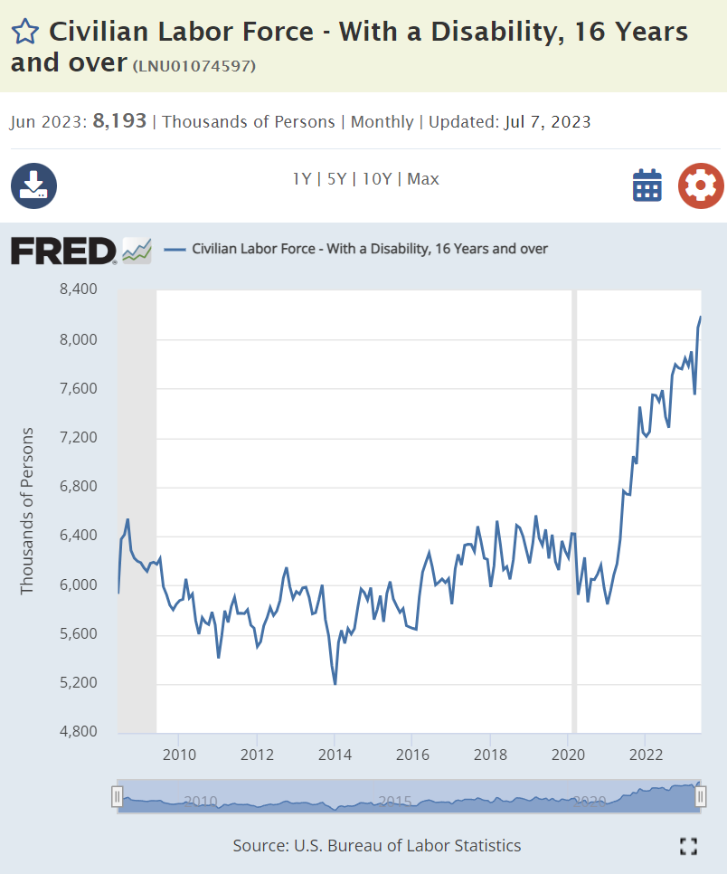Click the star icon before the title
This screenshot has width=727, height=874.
click(x=25, y=33)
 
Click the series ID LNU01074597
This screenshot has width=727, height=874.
click(x=194, y=66)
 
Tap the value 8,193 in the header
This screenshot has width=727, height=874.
click(x=119, y=121)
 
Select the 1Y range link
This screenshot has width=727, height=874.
click(x=301, y=179)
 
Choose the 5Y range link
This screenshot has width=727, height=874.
click(x=336, y=179)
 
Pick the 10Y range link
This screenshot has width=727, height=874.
click(x=376, y=179)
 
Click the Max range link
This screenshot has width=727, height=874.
click(x=423, y=179)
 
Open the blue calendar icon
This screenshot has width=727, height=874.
click(x=647, y=185)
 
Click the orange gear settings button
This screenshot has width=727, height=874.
click(x=701, y=185)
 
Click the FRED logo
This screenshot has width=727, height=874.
click(x=63, y=251)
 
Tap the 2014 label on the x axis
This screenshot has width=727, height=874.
click(x=334, y=754)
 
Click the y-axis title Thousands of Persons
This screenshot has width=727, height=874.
click(x=27, y=510)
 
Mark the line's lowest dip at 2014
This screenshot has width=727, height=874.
click(x=335, y=684)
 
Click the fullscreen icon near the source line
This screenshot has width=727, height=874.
click(x=688, y=846)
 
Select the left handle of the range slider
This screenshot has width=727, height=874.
click(x=117, y=796)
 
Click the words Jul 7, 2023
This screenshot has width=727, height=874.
click(x=547, y=121)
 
